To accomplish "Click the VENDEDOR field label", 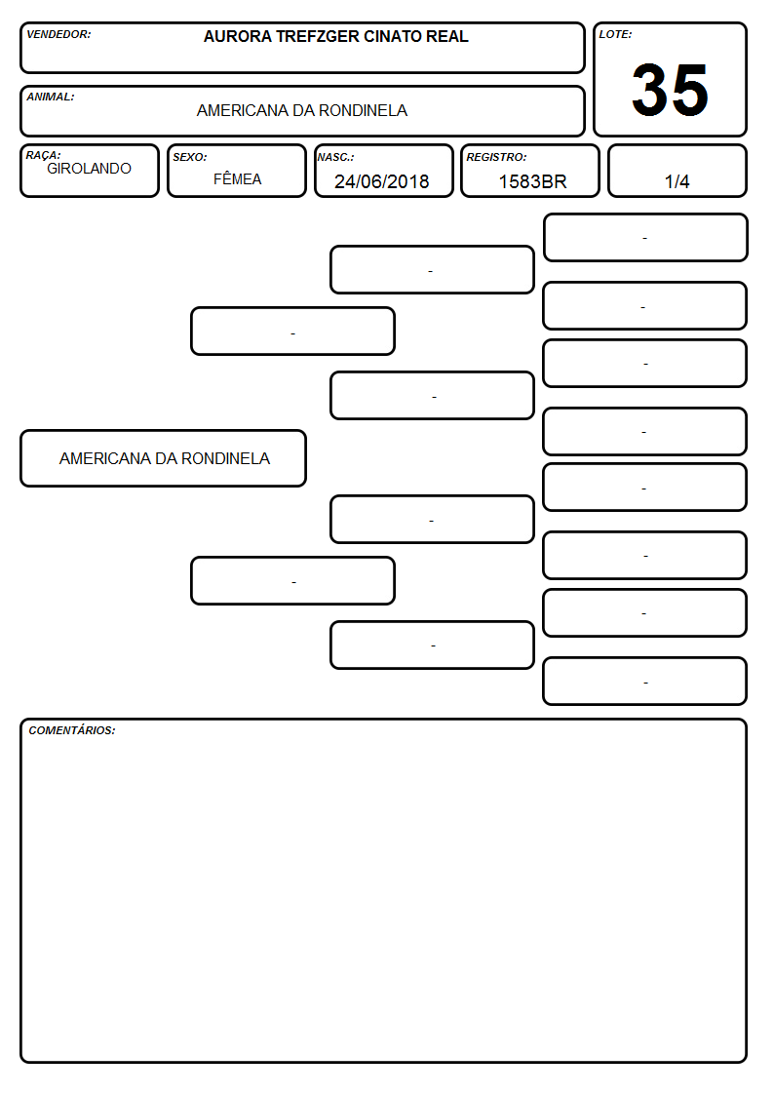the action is coord(58,34).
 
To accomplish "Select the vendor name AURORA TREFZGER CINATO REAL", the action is coord(335,36).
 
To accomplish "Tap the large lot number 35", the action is coord(670,90).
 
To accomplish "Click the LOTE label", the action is coord(615,34).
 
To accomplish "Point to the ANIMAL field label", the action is coord(51,98).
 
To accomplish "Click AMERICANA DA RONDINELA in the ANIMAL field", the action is coord(302,110).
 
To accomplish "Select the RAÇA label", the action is coord(43,155).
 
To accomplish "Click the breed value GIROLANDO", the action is coord(90,169).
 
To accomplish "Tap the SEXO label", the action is coord(190,157).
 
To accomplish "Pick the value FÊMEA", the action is coord(237,178).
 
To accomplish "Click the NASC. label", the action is coord(335,157).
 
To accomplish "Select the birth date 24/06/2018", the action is coord(382,181).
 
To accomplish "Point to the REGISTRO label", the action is coord(496,157).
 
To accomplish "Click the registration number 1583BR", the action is coord(532,181).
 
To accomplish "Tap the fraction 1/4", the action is coord(677,181).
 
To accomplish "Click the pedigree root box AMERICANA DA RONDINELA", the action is coord(164,458).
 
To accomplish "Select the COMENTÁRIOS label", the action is coord(72,730).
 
